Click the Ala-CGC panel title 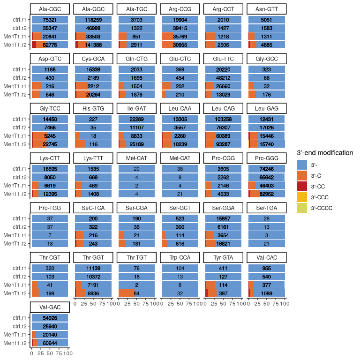(x=50, y=9)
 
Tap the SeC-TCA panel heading (x=93, y=207)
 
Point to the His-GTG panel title (x=93, y=108)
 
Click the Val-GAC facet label (x=50, y=307)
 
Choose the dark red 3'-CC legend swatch (x=303, y=186)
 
